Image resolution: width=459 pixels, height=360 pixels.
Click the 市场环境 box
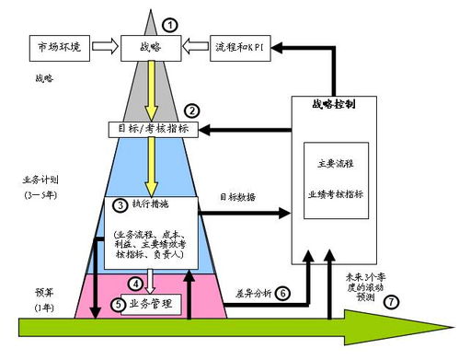pyautogui.click(x=60, y=46)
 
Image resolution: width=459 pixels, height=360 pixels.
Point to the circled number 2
pyautogui.click(x=192, y=110)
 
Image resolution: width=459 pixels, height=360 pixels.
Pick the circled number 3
pyautogui.click(x=120, y=203)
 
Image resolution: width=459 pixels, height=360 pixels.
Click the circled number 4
pyautogui.click(x=135, y=284)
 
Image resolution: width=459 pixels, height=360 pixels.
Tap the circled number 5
pyautogui.click(x=117, y=303)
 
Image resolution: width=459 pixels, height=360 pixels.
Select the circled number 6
pyautogui.click(x=282, y=293)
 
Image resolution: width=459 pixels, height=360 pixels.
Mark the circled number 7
pyautogui.click(x=393, y=303)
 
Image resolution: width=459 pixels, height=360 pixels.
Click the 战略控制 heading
pyautogui.click(x=334, y=104)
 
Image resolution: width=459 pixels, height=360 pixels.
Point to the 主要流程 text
pyautogui.click(x=334, y=163)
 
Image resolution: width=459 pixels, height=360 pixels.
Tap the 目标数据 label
pyautogui.click(x=237, y=197)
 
